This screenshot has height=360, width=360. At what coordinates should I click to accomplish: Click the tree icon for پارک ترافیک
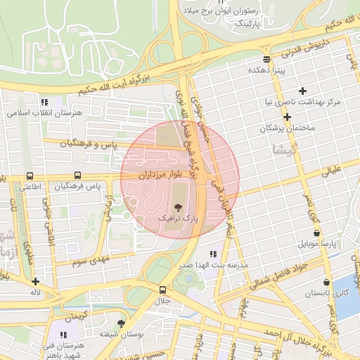coord(177,207)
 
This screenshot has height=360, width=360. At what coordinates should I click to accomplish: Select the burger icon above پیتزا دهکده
coord(266,59)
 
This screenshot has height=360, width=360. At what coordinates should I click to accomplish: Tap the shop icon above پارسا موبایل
coord(316,233)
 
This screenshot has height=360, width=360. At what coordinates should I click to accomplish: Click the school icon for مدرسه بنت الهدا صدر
coord(212,254)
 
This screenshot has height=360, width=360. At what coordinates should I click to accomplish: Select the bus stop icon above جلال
coord(163,289)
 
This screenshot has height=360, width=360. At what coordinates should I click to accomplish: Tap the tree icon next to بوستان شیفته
coord(121,323)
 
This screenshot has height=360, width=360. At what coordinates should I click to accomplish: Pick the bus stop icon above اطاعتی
coord(30,175)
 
